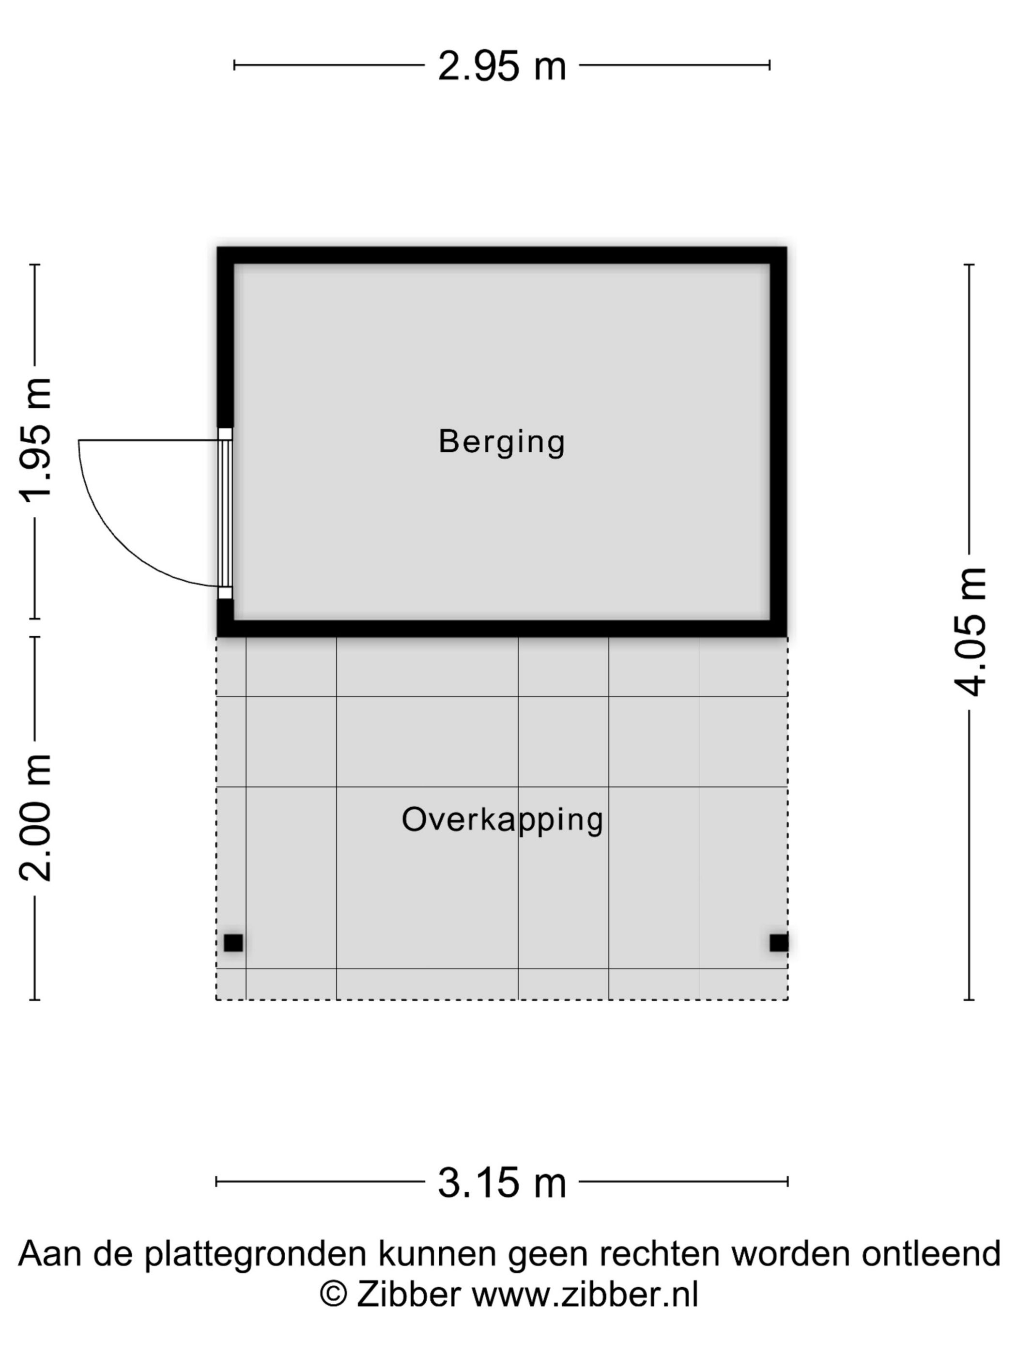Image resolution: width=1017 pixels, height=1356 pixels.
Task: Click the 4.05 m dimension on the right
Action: [970, 632]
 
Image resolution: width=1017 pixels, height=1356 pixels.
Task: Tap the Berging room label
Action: [501, 442]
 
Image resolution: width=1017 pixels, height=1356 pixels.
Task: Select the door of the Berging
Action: [225, 513]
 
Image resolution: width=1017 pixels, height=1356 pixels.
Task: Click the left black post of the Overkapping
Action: [233, 943]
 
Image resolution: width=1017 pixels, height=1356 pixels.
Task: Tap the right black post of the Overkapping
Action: [779, 943]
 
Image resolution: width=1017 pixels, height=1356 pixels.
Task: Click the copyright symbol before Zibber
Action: [334, 1294]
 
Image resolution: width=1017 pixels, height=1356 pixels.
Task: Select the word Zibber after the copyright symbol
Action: [409, 1294]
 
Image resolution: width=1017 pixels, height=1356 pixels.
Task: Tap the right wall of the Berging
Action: [779, 442]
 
